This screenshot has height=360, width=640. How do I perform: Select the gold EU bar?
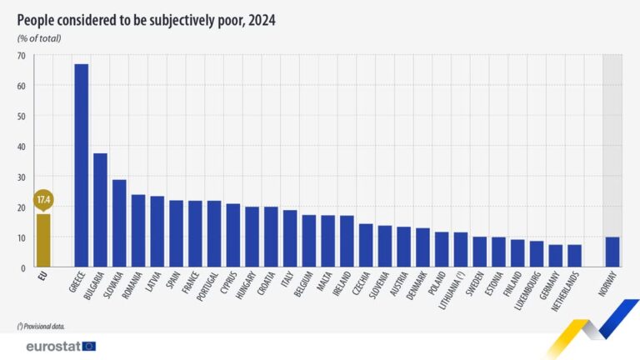[x=43, y=241]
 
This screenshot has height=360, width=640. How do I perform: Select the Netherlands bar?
[x=574, y=256]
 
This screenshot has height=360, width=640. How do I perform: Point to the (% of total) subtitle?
[x=39, y=38]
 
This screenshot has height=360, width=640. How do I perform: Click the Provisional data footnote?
[x=41, y=326]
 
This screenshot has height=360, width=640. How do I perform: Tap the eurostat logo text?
[x=52, y=346]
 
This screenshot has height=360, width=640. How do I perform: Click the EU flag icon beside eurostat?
[x=89, y=346]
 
